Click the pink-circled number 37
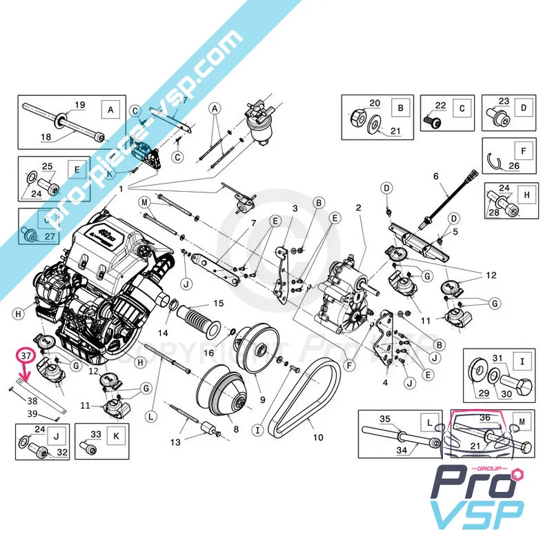[x=26, y=355]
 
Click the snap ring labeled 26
[x=494, y=161]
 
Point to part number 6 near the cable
[x=435, y=176]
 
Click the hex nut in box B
[x=359, y=117]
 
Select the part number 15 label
[x=218, y=303]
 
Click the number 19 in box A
[x=79, y=105]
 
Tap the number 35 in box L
[x=385, y=418]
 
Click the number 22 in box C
[x=441, y=105]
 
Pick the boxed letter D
[x=524, y=108]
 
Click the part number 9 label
[x=262, y=399]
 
